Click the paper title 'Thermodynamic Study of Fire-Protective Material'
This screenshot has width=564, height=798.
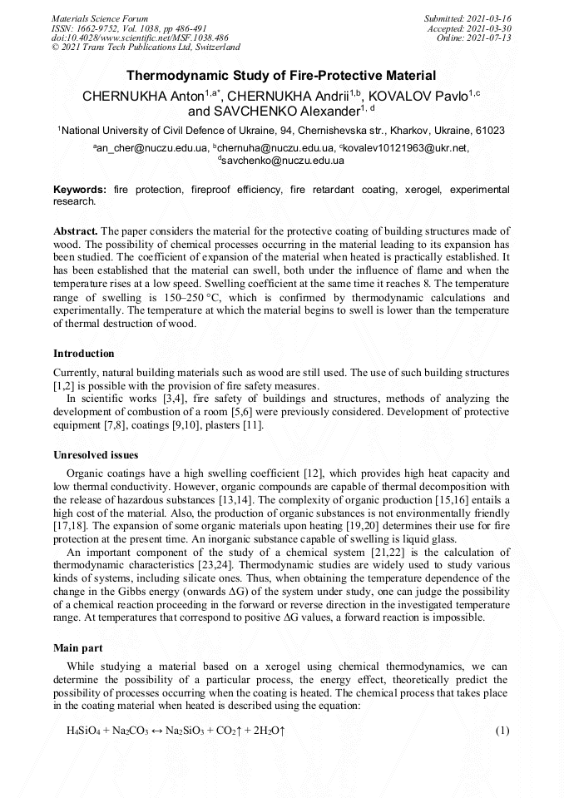(x=281, y=77)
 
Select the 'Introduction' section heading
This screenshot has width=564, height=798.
(x=84, y=354)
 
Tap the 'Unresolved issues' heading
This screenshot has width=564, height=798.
(x=96, y=455)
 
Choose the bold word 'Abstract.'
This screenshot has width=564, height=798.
(x=77, y=230)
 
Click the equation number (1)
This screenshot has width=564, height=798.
(x=502, y=731)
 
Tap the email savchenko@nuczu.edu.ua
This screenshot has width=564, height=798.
(x=283, y=160)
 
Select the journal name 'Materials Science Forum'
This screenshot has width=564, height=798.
(x=100, y=18)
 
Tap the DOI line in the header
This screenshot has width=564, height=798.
(x=140, y=37)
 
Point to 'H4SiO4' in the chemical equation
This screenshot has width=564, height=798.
(x=83, y=731)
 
